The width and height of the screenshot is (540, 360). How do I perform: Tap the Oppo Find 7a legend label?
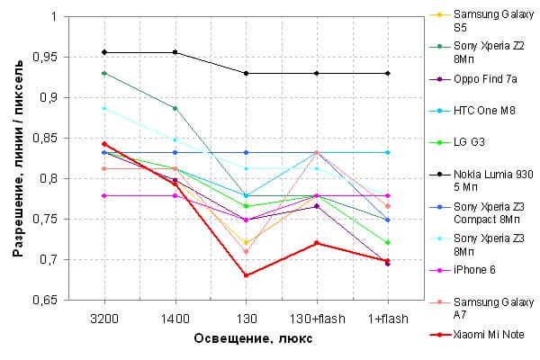(x=487, y=79)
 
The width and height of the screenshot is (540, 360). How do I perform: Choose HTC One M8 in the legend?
(x=485, y=110)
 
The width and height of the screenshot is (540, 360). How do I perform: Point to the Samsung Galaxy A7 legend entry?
(x=486, y=306)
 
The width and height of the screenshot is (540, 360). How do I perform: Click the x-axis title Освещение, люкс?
(x=246, y=339)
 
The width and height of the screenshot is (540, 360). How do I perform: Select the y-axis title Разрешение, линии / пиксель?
(x=18, y=158)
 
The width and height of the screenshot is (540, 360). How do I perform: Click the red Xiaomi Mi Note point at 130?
(x=246, y=275)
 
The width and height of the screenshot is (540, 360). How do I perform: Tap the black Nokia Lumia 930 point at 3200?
(x=104, y=51)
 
